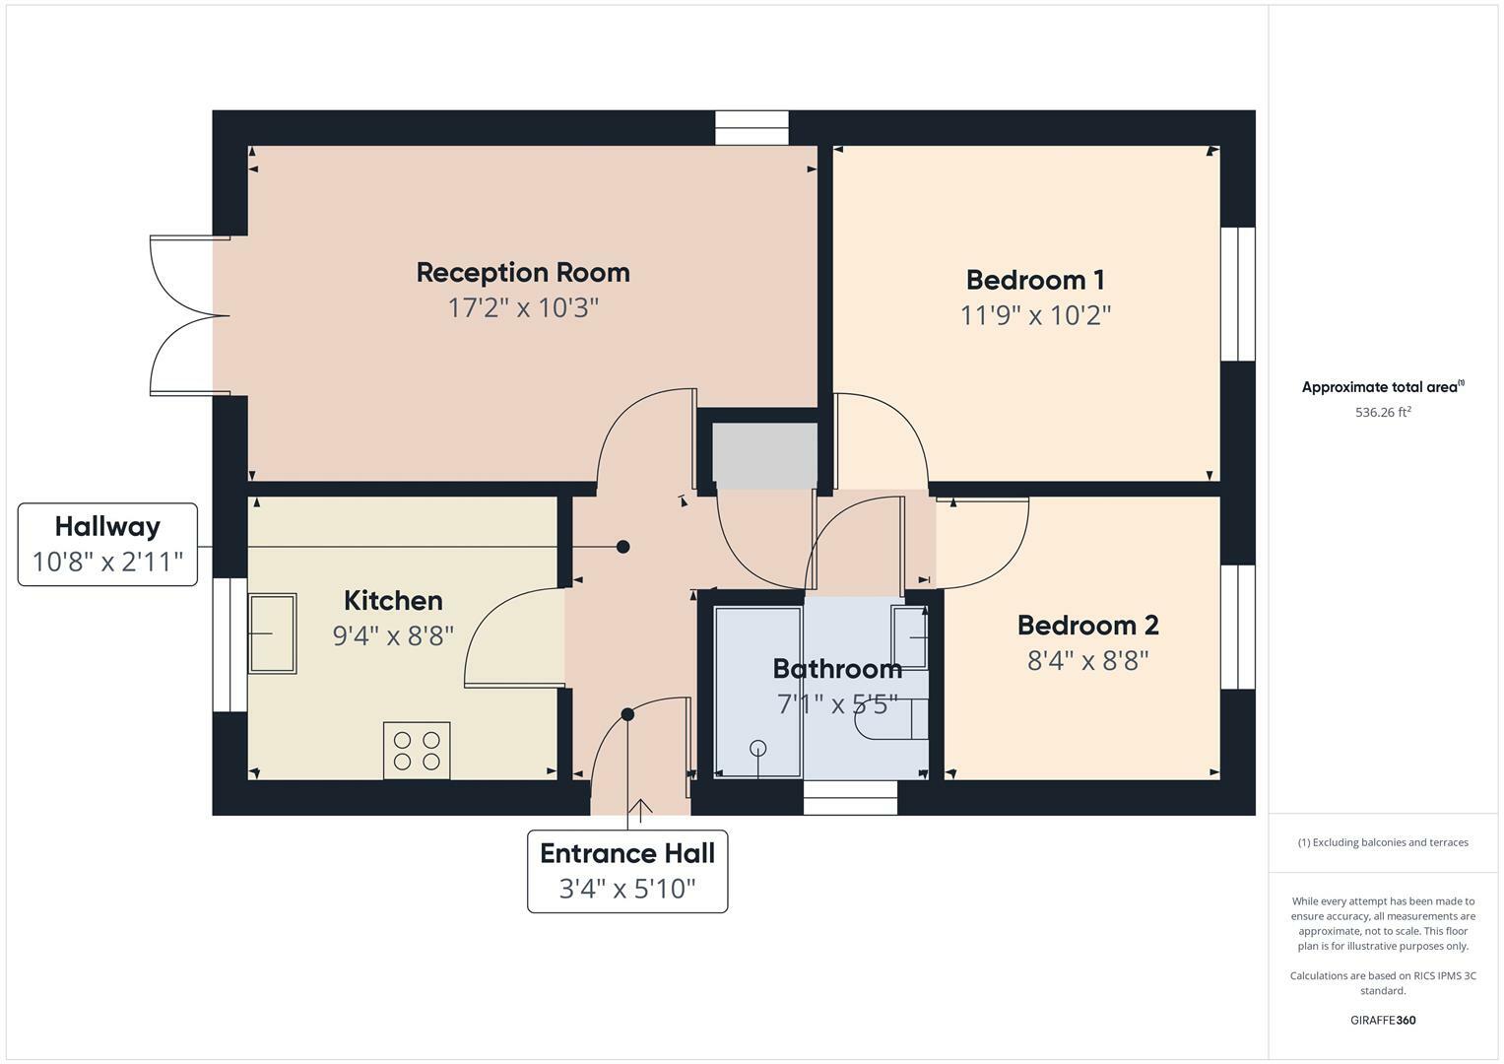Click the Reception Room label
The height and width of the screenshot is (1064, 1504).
pos(522,273)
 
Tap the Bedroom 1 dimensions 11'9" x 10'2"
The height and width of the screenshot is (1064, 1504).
pos(1035,315)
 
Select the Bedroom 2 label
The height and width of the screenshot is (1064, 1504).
pos(1087,626)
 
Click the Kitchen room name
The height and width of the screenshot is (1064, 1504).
pos(393,601)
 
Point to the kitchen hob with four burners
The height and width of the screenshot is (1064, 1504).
pos(417,751)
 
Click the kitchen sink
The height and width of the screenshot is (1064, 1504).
pos(271,633)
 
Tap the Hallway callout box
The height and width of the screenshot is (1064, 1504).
pos(107,544)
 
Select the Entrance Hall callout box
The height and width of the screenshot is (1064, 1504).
pos(627,871)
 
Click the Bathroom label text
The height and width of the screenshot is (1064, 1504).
pos(837,669)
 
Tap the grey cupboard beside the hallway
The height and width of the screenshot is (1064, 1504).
pos(764,455)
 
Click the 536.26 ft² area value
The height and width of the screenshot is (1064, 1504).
pos(1383,413)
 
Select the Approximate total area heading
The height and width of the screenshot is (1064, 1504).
pos(1382,387)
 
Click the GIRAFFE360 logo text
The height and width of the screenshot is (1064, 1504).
pos(1383,1021)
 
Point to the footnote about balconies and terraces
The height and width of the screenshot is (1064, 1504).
pos(1383,842)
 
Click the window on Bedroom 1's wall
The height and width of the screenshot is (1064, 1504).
pos(1238,295)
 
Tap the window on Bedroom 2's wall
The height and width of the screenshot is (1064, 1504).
pos(1238,627)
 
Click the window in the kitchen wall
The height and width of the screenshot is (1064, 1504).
pos(230,644)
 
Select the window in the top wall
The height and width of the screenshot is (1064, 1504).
pos(752,128)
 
